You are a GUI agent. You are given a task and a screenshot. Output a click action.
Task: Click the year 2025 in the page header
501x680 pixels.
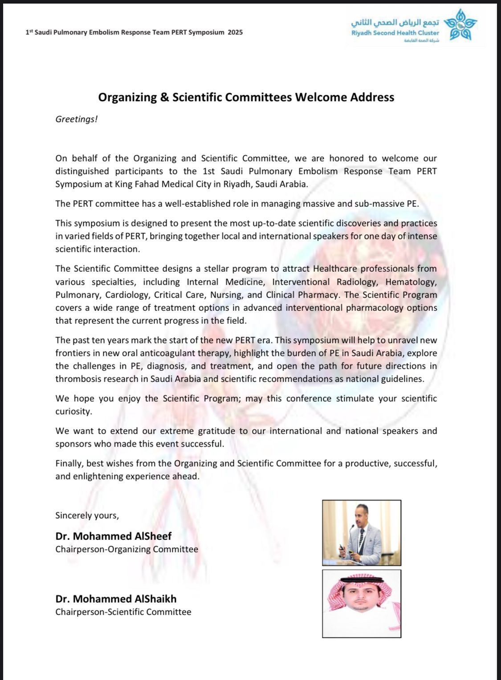point(235,32)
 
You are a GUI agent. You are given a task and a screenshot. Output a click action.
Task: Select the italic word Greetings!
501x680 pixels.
point(76,119)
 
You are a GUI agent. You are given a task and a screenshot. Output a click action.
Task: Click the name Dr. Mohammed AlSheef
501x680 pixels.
point(113,536)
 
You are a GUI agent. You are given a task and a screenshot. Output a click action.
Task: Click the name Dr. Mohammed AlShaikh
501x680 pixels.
point(116,599)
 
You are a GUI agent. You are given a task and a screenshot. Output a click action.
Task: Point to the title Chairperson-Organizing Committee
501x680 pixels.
point(126,549)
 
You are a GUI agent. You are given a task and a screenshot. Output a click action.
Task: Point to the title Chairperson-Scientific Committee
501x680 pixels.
point(123,612)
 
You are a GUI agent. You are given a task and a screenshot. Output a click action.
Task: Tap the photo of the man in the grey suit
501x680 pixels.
point(361,533)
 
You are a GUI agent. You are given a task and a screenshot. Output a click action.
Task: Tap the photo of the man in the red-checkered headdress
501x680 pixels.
point(361,604)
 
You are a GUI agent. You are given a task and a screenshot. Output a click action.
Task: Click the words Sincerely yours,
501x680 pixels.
point(87,515)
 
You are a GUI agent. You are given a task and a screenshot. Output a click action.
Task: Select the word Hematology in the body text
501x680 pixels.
point(411,282)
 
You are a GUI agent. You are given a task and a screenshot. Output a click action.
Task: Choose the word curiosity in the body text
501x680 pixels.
point(73,411)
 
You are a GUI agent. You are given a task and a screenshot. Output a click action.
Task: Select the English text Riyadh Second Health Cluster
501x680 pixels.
point(395,33)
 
